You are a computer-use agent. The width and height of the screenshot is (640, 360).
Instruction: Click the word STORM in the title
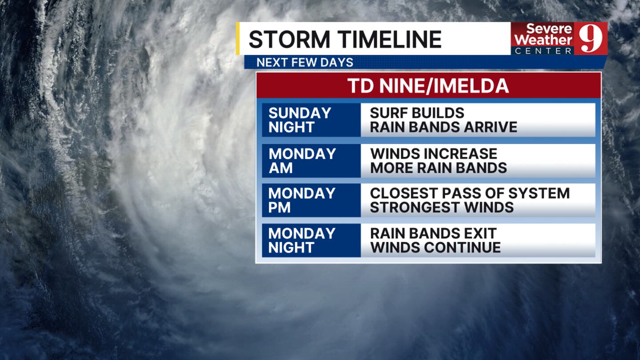click(x=289, y=39)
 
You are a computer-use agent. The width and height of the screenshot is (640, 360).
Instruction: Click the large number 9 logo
click(x=591, y=39)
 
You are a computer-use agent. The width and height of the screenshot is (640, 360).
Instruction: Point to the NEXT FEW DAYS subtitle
click(x=305, y=62)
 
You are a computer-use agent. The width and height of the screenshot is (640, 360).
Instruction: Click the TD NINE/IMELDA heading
click(x=428, y=85)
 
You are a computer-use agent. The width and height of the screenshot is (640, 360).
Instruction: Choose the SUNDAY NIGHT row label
click(x=300, y=120)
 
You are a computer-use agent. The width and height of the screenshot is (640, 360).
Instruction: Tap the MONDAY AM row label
click(x=302, y=160)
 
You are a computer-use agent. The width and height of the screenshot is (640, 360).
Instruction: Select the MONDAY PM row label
click(x=302, y=200)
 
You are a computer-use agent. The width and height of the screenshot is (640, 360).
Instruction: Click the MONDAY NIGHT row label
click(x=302, y=240)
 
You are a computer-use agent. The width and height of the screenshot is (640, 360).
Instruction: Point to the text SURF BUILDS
click(x=417, y=113)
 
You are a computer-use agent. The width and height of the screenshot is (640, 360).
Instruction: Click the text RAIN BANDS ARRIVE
click(x=444, y=127)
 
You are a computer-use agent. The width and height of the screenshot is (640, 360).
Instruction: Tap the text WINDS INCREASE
click(x=434, y=154)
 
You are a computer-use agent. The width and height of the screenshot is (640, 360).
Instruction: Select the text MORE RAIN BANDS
click(x=439, y=168)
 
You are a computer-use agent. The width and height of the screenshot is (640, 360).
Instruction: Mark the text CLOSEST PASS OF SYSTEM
click(x=470, y=193)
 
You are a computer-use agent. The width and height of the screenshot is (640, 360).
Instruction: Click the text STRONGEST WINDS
click(x=442, y=207)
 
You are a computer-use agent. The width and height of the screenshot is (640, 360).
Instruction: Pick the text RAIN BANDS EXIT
click(x=433, y=233)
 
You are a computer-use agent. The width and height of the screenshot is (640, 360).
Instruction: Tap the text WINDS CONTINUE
click(x=436, y=248)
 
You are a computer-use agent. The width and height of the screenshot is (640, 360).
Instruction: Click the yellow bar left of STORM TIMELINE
click(x=238, y=38)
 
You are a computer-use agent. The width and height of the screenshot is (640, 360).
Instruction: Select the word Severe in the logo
click(x=549, y=29)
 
